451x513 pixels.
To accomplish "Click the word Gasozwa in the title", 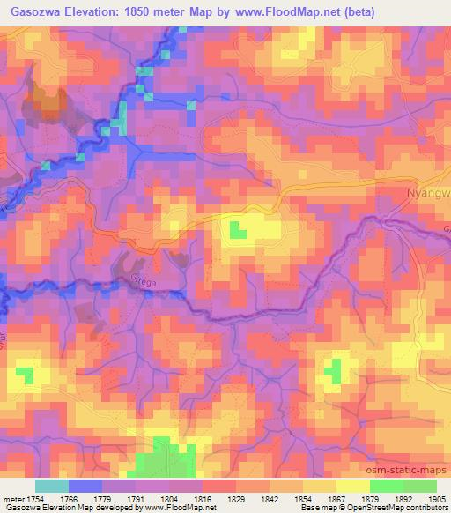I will click(34, 12).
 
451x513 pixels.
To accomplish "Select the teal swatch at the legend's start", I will click(52, 486).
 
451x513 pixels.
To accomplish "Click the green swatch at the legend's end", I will click(419, 486).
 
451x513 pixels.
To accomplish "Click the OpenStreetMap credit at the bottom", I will click(406, 508).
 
